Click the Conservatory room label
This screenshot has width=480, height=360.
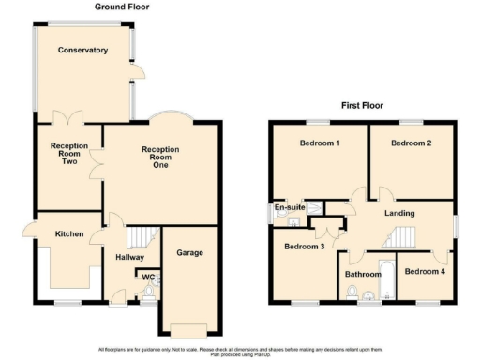pyautogui.click(x=82, y=51)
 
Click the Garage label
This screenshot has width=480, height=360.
pyautogui.click(x=189, y=252)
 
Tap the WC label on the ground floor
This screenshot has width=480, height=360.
pyautogui.click(x=148, y=277)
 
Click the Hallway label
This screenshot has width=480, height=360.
pyautogui.click(x=127, y=255)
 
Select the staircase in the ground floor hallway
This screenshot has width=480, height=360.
pyautogui.click(x=142, y=237)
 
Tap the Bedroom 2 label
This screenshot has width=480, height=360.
pyautogui.click(x=411, y=143)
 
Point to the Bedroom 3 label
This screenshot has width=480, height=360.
pyautogui.click(x=304, y=247)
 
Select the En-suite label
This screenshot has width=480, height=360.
pyautogui.click(x=286, y=207)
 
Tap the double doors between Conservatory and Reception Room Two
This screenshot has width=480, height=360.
pyautogui.click(x=68, y=121)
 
